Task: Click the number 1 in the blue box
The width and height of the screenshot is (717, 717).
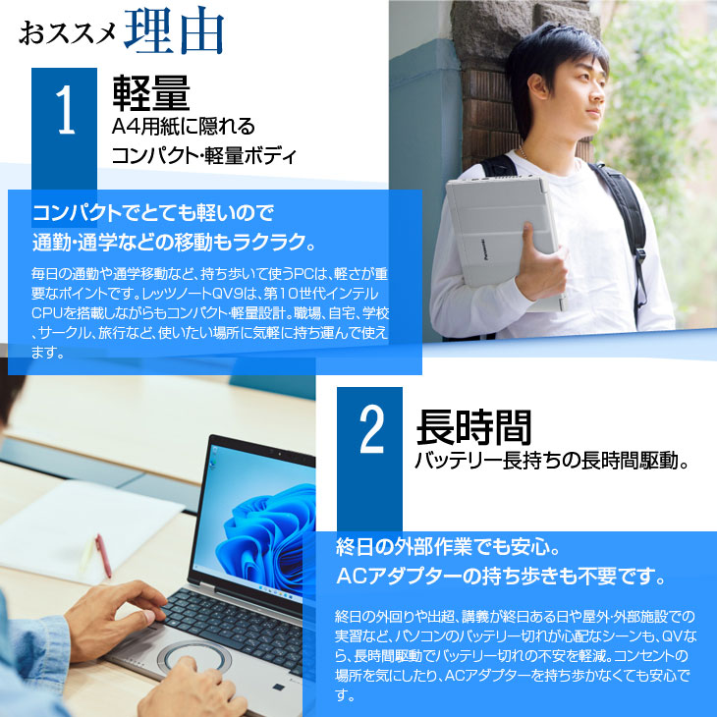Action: click(x=65, y=113)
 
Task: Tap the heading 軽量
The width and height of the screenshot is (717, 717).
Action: click(x=150, y=94)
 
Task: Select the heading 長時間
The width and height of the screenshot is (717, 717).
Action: click(x=473, y=427)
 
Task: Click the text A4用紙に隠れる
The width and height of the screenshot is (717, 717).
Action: click(x=183, y=126)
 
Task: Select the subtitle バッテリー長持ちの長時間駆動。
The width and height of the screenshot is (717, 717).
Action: click(x=550, y=461)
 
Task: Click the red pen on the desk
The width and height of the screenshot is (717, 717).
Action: click(x=102, y=556)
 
